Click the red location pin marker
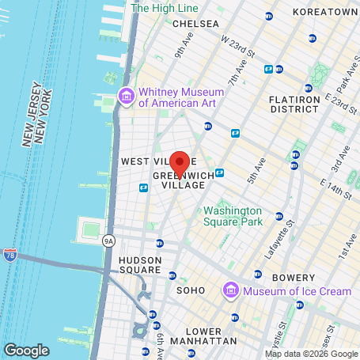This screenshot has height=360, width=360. tap(180, 162)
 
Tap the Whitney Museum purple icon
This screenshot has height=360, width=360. tap(126, 97)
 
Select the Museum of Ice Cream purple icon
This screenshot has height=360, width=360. tap(231, 291)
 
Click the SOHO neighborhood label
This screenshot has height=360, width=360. tap(191, 290)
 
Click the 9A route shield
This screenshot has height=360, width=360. tap(109, 241)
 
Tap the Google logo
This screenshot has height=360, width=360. tap(26, 350)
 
